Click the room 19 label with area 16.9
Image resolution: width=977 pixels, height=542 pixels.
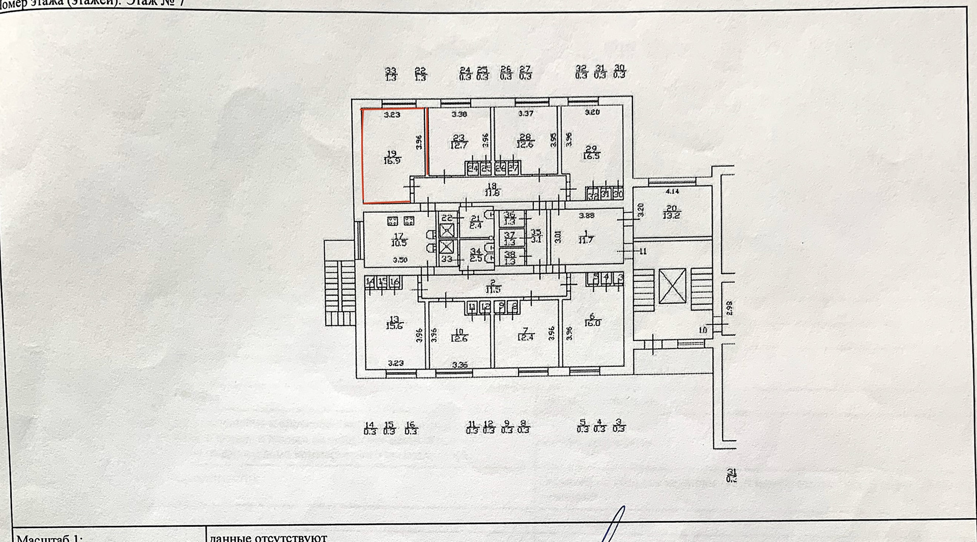[x=392, y=157]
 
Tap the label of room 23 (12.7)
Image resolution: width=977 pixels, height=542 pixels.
[x=459, y=141]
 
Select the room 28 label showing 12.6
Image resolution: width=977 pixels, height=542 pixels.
[x=525, y=141]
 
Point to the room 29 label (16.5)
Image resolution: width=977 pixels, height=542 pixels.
[x=591, y=153]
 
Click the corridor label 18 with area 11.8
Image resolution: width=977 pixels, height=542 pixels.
[x=492, y=189]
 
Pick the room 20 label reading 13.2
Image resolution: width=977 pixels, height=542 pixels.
[x=672, y=212]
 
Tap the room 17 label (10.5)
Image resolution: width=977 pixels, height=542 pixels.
[x=399, y=240]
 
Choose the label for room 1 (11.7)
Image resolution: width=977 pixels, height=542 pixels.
[x=586, y=237]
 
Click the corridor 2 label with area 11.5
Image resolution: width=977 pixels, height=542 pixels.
[x=493, y=287]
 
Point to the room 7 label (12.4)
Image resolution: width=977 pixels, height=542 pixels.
[x=526, y=334]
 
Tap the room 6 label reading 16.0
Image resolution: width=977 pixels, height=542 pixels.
[x=592, y=320]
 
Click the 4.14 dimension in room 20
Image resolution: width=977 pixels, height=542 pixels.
[x=672, y=192]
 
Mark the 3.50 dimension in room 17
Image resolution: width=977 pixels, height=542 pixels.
[x=400, y=260]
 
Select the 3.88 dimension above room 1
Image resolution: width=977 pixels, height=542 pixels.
[x=587, y=216]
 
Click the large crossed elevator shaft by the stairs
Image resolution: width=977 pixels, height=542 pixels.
[x=672, y=287]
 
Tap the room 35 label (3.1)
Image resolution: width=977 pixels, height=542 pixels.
[x=536, y=236]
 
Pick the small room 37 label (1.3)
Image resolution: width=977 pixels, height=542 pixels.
[x=509, y=239]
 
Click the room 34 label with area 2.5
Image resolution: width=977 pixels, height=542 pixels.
[x=475, y=255]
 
